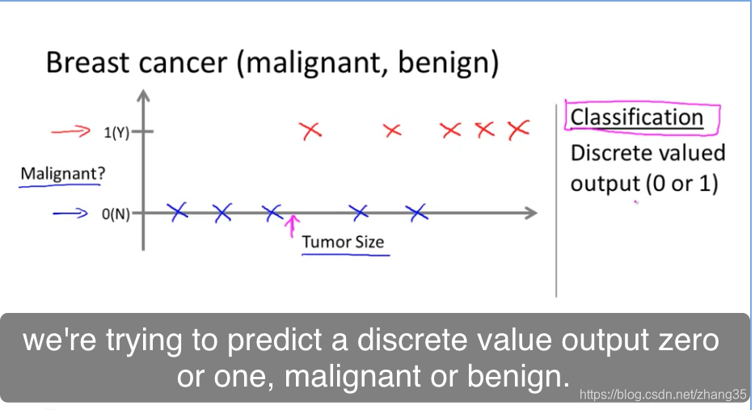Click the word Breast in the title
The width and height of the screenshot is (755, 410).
pos(88,62)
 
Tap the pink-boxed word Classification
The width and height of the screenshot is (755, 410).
pos(636,117)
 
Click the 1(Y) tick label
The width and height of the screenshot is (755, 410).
pos(116,132)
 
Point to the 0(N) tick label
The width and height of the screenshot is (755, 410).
pos(116,214)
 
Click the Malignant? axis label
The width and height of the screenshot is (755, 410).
pos(62,173)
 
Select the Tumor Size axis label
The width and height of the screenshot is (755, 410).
pos(343,241)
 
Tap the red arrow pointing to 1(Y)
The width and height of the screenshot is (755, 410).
pos(71,131)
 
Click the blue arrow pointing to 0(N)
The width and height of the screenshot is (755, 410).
pos(70,213)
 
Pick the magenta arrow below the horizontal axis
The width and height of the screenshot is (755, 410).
pos(291,226)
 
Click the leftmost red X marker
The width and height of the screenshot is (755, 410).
pos(310,130)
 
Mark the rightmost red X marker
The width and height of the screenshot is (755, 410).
pos(519,130)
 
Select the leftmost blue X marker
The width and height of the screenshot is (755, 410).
pos(177,212)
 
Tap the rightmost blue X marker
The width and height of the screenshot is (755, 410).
pos(416,213)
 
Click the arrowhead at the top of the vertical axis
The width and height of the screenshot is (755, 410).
pos(144,95)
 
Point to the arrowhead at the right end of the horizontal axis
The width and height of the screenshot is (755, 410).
pos(531,213)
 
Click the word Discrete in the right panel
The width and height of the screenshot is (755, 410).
pos(607,153)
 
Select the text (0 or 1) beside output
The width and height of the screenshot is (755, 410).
pos(681,184)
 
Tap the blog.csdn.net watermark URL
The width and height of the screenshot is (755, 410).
pos(663,395)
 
